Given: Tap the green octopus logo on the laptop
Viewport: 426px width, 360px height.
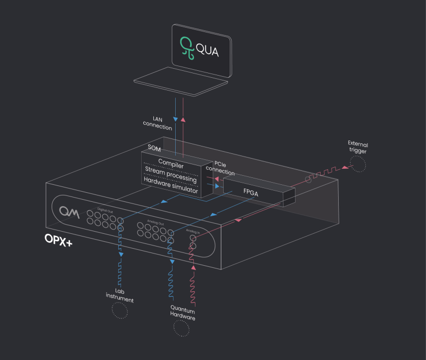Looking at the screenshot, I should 185,47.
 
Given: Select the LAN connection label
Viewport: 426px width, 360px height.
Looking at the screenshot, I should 158,124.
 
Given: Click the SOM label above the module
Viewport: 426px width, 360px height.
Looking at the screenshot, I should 154,149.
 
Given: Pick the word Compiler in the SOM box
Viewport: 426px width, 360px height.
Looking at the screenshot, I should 171,166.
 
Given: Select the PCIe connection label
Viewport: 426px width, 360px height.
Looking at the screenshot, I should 220,168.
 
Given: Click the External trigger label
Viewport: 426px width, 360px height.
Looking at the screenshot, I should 357,148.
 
